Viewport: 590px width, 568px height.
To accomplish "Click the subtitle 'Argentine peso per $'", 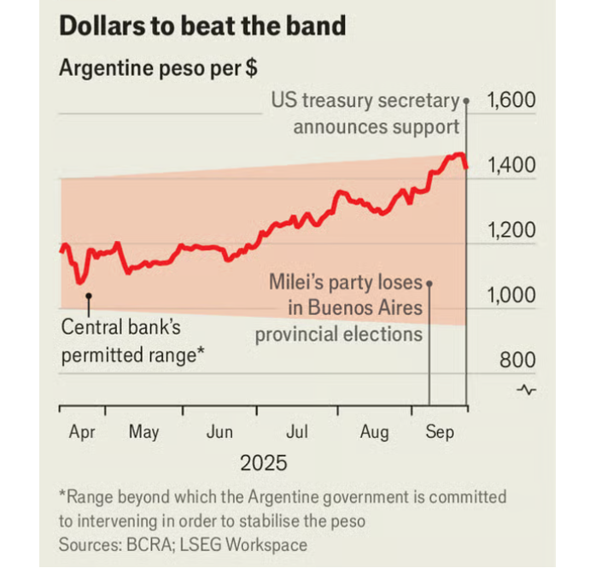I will pyautogui.click(x=158, y=68).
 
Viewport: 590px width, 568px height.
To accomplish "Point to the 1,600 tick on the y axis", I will pyautogui.click(x=511, y=100).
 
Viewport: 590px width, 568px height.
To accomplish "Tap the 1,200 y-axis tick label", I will pyautogui.click(x=511, y=231).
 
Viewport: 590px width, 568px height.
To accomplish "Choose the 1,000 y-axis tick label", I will pyautogui.click(x=511, y=296).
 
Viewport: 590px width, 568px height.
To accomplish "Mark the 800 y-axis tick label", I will pyautogui.click(x=517, y=360).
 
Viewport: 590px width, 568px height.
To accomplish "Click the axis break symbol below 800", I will pyautogui.click(x=527, y=390).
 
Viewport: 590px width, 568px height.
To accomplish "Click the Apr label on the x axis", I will pyautogui.click(x=82, y=432).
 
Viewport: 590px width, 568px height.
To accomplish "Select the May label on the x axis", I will pyautogui.click(x=143, y=432).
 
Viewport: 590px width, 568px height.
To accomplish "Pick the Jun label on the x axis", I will pyautogui.click(x=219, y=432).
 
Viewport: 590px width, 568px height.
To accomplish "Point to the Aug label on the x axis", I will pyautogui.click(x=374, y=432).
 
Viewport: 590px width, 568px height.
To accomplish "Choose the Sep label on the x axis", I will pyautogui.click(x=440, y=432).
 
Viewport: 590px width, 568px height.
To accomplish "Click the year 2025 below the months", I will pyautogui.click(x=263, y=464).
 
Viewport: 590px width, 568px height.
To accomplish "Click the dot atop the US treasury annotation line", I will pyautogui.click(x=466, y=101).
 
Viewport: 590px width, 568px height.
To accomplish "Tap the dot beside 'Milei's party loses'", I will pyautogui.click(x=429, y=283).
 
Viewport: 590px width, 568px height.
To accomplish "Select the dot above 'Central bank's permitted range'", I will pyautogui.click(x=88, y=296).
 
